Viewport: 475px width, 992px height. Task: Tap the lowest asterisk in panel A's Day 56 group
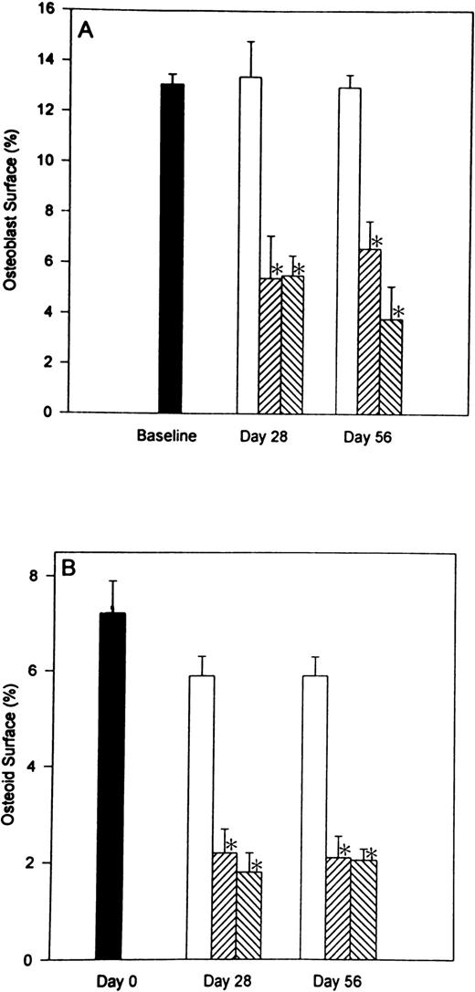tap(397, 310)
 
